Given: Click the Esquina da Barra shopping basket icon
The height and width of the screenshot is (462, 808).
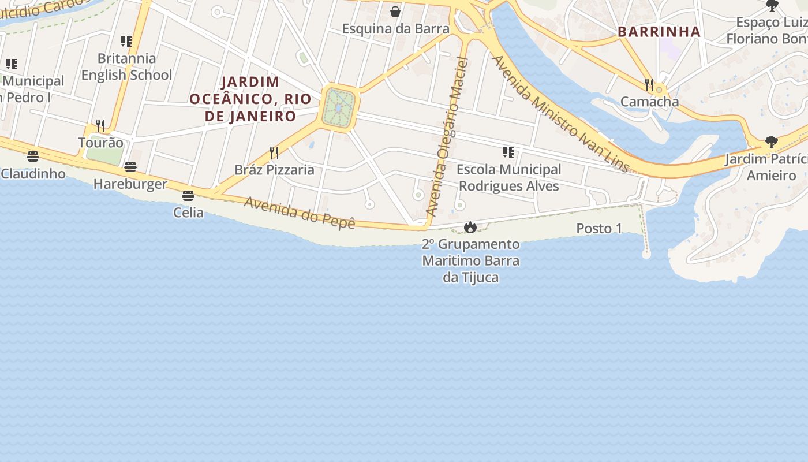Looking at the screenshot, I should point(395,12).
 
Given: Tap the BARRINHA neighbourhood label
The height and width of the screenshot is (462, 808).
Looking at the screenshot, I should point(659,32).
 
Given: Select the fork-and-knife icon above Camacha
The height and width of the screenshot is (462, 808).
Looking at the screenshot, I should point(649,85).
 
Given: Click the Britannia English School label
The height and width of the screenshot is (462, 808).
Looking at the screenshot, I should point(126,66).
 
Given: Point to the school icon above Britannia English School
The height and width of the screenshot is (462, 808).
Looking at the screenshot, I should point(126,42).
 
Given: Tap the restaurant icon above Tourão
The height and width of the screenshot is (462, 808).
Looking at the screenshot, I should point(100,125).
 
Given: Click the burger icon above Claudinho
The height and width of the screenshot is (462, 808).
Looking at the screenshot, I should point(33,157).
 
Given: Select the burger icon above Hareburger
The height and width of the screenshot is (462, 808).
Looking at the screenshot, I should point(130,167).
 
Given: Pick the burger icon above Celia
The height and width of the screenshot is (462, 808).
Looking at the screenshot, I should point(188,196).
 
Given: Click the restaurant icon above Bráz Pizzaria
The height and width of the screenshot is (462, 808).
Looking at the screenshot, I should point(274,152).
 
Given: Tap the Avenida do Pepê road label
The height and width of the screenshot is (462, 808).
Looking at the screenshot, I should point(299,213).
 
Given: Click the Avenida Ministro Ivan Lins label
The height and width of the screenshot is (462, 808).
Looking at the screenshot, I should point(560,114).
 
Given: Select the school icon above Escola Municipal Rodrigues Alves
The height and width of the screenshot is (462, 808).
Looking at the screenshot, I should point(508,152).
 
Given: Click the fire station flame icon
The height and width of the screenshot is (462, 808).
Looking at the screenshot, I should point(470,228).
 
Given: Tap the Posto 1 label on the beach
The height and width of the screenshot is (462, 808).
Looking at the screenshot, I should point(599,229).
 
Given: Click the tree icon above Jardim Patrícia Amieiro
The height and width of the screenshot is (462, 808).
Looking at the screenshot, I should point(771,142).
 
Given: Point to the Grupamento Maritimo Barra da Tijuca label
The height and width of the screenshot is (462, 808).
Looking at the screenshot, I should point(470,261).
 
